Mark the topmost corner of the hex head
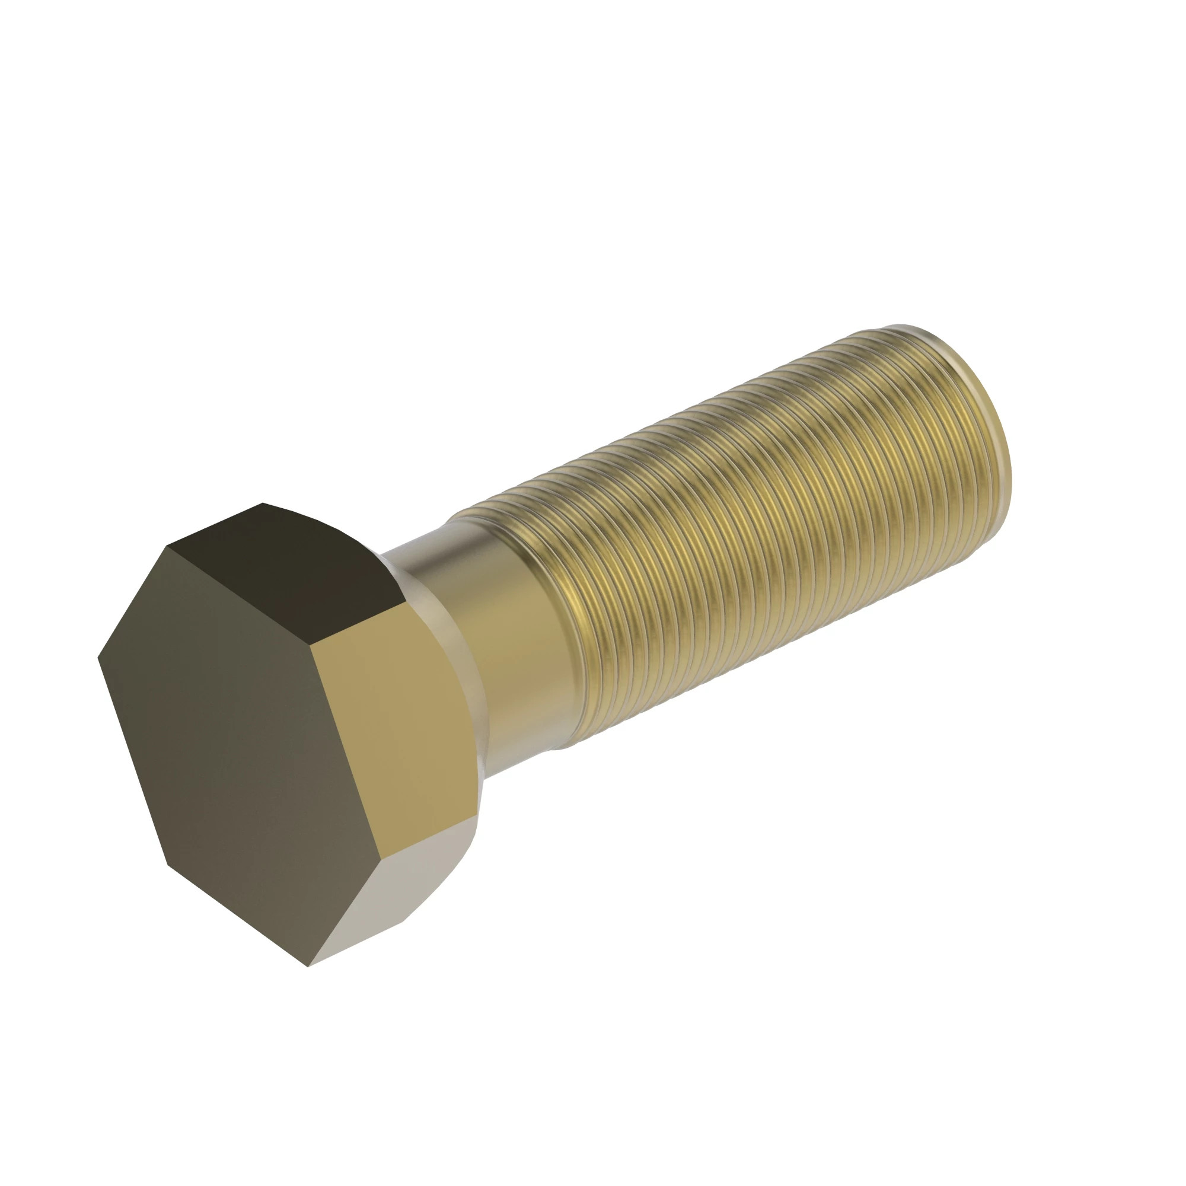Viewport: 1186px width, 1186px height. [x=263, y=503]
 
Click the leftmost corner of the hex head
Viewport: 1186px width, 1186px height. [x=98, y=658]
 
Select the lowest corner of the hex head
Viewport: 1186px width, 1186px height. [x=308, y=967]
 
